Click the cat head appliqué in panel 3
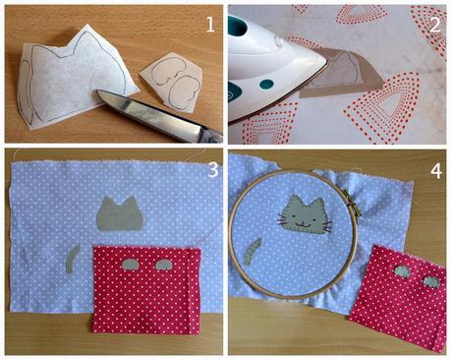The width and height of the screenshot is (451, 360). pos(119,215)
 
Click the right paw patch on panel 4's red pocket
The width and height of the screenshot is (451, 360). pos(429,281)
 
